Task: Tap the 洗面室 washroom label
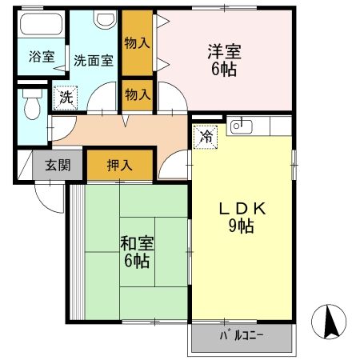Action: point(93,59)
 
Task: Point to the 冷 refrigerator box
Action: point(206,135)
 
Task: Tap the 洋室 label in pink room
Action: point(222,54)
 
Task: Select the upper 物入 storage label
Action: point(138,43)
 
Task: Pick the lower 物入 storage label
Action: point(138,94)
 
